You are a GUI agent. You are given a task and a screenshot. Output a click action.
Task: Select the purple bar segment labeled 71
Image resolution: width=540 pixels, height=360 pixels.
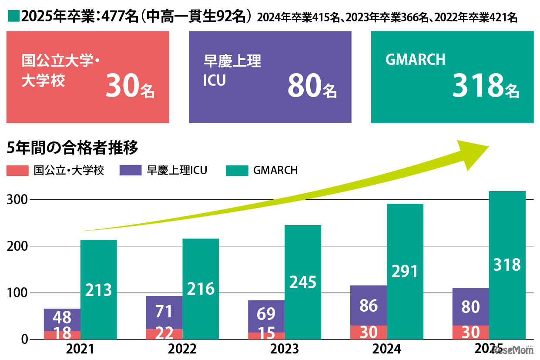[x=164, y=312]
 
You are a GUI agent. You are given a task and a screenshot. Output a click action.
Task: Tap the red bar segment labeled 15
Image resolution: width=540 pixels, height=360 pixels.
[x=266, y=335]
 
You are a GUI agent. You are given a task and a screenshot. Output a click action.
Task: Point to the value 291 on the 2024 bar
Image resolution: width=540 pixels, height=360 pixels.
[x=405, y=271]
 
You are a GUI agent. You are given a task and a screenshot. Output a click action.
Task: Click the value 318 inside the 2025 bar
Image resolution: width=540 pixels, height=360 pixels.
[x=507, y=265]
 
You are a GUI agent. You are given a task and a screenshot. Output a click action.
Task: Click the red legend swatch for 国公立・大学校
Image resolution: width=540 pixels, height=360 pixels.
[x=17, y=170]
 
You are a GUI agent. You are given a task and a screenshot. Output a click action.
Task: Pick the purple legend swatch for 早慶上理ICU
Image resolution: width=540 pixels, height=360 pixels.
[x=130, y=170]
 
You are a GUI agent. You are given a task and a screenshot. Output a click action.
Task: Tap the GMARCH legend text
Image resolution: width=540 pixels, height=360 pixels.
[x=275, y=170]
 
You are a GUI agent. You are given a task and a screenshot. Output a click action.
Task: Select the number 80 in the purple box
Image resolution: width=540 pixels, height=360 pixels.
[x=304, y=87]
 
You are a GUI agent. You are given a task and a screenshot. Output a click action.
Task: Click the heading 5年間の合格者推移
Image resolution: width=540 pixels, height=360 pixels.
[x=73, y=148]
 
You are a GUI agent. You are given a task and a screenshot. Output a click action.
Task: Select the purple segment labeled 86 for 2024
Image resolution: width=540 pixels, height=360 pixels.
[x=369, y=306]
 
